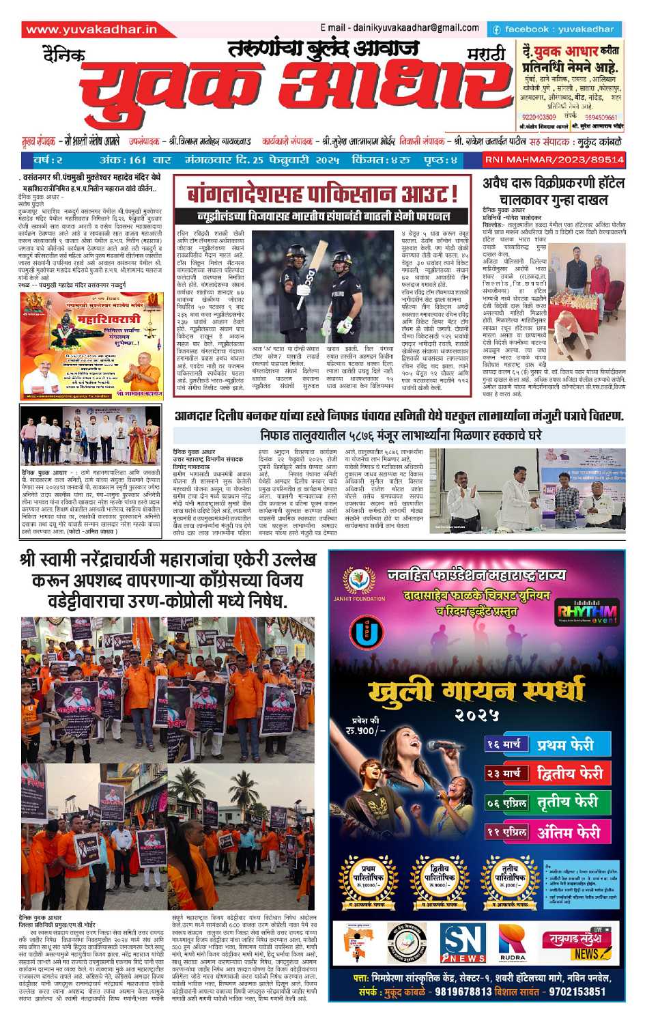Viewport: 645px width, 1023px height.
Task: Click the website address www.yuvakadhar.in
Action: coord(91,29)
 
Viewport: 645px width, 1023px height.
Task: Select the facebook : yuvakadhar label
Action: coord(554,29)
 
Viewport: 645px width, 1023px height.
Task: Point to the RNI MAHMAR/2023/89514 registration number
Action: coord(554,159)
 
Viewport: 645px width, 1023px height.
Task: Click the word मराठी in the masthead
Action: coord(486,54)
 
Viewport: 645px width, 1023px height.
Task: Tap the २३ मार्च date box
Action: coord(504,774)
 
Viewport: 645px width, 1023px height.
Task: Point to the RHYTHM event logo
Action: coord(586,613)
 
